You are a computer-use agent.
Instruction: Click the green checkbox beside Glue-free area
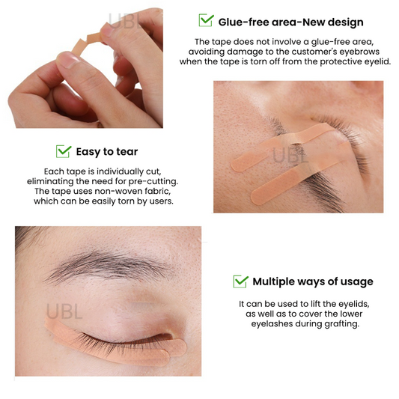(206, 20)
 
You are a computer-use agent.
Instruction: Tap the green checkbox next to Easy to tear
(64, 151)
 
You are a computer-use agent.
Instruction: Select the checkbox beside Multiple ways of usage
(240, 281)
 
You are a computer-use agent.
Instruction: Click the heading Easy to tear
(107, 152)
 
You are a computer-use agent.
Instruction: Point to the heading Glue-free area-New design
(290, 22)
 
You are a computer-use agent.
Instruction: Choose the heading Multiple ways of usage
(313, 281)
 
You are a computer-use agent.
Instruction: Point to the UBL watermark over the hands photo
(124, 21)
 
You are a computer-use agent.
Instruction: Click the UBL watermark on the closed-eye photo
(64, 312)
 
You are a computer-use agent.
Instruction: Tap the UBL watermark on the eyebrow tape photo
(290, 156)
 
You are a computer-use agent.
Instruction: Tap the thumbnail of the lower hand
(67, 60)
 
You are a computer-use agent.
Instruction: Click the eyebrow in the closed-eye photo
(107, 266)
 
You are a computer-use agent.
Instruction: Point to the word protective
(340, 62)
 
